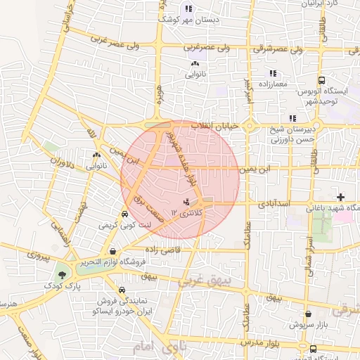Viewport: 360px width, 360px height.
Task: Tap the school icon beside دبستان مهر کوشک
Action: point(188,8)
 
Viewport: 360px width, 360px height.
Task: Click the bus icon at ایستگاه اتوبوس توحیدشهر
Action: point(321,81)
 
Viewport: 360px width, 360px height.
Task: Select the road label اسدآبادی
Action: point(275,203)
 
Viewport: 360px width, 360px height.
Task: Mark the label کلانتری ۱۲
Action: point(186,212)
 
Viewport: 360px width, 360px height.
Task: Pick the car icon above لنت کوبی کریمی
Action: point(124,214)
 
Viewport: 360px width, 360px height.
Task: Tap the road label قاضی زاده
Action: point(163,250)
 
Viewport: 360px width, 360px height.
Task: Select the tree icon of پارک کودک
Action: point(64,275)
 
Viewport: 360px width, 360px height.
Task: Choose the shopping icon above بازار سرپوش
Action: point(308,315)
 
